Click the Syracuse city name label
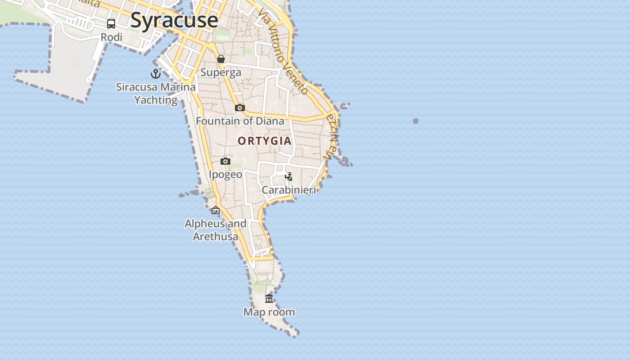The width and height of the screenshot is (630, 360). pos(174,20)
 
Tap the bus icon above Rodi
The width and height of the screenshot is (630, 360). pos(111,24)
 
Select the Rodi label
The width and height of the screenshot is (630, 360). pos(112,37)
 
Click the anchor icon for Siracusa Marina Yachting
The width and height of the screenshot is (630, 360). pos(156,74)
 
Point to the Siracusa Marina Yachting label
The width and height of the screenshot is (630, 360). pos(156,93)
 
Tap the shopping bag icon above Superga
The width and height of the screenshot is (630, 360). pos(221,59)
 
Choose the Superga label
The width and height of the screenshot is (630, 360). pos(221,72)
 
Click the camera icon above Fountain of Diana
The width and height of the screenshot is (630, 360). pos(240,108)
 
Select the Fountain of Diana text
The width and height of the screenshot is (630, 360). pos(240,121)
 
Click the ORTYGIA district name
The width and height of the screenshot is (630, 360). pos(265,141)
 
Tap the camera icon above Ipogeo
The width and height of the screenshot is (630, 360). pos(225,161)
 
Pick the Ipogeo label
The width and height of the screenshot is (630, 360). pos(225,174)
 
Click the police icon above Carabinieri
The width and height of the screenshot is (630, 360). pos(289,176)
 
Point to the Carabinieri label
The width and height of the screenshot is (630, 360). pos(289,190)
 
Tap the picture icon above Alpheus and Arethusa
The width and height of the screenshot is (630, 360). pos(216,210)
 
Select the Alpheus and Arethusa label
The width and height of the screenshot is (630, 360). pos(216,229)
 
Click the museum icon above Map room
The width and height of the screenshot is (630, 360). pos(269,298)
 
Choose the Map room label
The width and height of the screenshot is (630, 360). pos(269,312)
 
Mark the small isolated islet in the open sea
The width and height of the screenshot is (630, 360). pos(416,121)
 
